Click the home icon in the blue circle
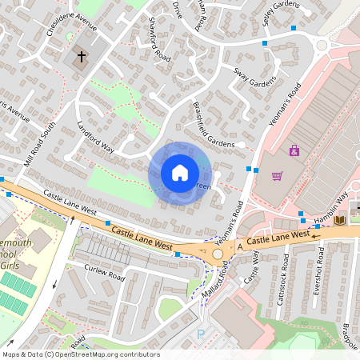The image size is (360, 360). pos(180,173)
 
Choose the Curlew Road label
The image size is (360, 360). pos(105,272)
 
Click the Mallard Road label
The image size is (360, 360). pos(211,281)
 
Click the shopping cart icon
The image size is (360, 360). pos(278,176)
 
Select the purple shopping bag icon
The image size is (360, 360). pos(294,150)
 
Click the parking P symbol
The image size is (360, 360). pos(201,334)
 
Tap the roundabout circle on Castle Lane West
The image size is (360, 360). pos(218,254)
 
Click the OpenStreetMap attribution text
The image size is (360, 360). pos(80,354)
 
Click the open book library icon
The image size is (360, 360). pos(339,220)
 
